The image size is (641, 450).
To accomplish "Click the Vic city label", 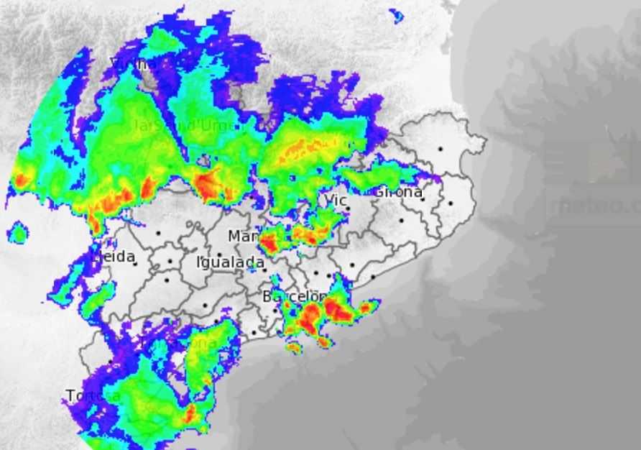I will (336, 199).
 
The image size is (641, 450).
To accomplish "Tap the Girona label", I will (397, 192).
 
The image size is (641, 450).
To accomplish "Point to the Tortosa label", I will (93, 395).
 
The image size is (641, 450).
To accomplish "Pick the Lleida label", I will (114, 257).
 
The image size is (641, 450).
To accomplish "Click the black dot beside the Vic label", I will (348, 209).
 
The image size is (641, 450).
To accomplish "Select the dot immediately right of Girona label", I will (423, 199).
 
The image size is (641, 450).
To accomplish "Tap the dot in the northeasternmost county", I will (440, 150).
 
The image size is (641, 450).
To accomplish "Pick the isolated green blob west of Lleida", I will (17, 233).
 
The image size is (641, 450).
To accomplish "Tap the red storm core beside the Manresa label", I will (269, 243).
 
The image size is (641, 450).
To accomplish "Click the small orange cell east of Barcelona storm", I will (365, 308).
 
